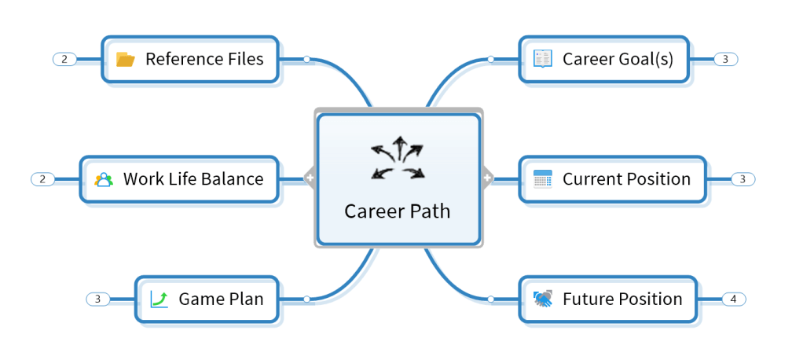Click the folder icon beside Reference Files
[x=126, y=59]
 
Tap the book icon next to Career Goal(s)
[x=543, y=59]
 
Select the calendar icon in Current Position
[x=543, y=178]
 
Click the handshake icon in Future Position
[x=543, y=299]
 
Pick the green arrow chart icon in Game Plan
[x=159, y=299]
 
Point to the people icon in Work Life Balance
[x=104, y=179]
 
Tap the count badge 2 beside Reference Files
[x=64, y=59]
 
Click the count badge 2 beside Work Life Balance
[x=42, y=179]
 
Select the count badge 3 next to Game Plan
[x=97, y=299]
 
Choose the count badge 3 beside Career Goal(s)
[x=725, y=59]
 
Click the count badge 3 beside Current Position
[x=742, y=179]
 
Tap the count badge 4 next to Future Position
[x=733, y=299]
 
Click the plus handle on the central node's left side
[x=310, y=179]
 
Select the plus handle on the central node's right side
[x=487, y=179]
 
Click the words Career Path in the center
[x=398, y=211]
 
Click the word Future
[x=588, y=299]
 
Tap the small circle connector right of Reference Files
[x=306, y=59]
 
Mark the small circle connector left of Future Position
[x=490, y=299]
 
